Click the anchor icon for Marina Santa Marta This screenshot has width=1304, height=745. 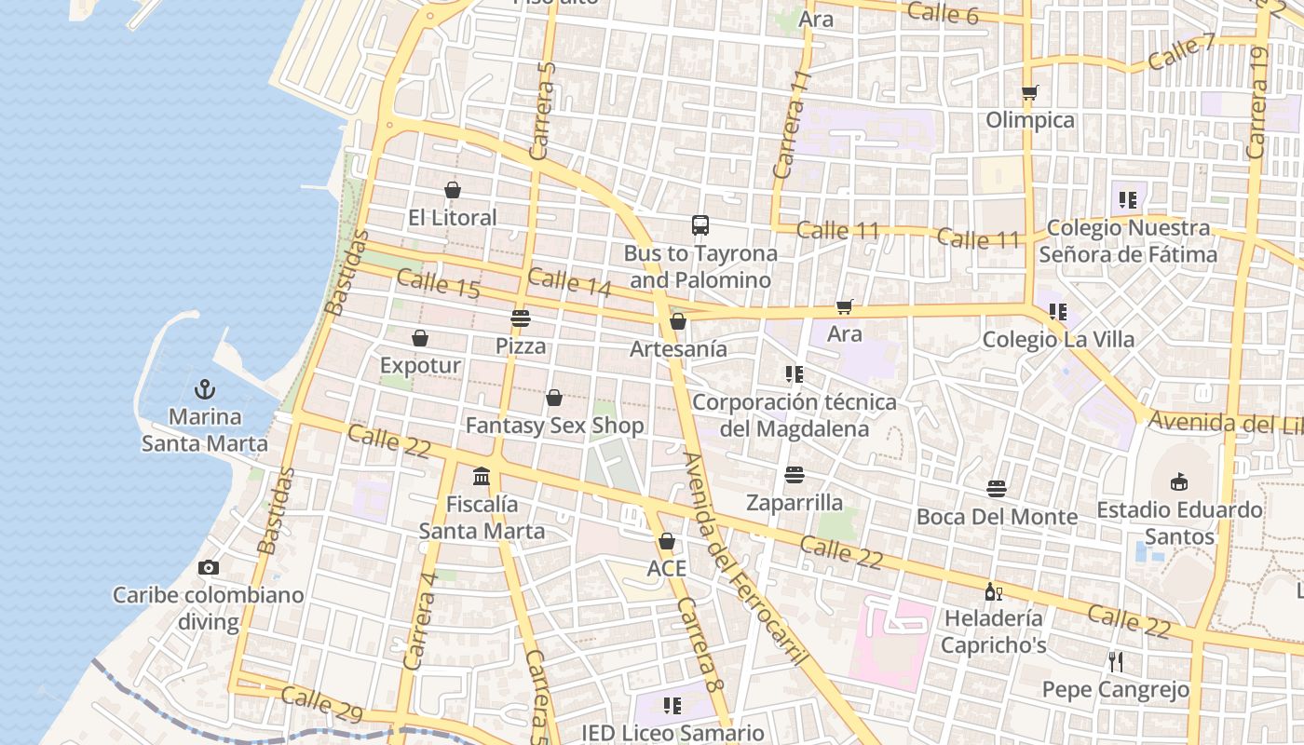(x=205, y=389)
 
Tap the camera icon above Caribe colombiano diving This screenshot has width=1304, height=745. (x=209, y=567)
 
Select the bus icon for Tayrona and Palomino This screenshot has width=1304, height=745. (x=700, y=225)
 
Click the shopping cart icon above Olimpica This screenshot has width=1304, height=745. (x=1029, y=93)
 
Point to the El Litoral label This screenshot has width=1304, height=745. (x=453, y=217)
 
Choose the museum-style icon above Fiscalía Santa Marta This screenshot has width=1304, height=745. (x=482, y=477)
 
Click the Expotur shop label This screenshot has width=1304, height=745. (x=420, y=365)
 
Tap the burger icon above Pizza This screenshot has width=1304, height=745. (x=520, y=318)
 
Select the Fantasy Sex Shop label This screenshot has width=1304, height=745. (x=554, y=426)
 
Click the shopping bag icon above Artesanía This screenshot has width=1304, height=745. (x=678, y=322)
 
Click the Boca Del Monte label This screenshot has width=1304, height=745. (x=997, y=516)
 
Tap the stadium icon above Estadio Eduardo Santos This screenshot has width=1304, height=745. (x=1179, y=482)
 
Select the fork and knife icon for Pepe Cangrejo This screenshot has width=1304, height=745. (x=1116, y=662)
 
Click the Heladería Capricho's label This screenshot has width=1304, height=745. (x=994, y=631)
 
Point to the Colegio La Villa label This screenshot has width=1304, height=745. (x=1058, y=339)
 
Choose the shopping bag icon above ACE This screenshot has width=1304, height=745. (x=667, y=542)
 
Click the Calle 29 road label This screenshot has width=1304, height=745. (x=321, y=705)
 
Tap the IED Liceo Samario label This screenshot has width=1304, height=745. (x=672, y=733)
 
